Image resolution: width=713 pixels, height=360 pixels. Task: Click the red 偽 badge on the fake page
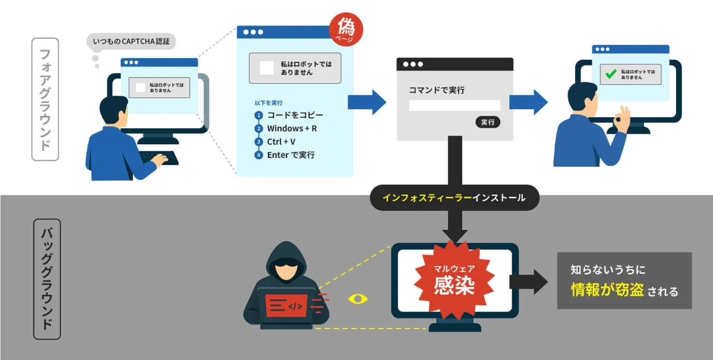pyautogui.click(x=346, y=29)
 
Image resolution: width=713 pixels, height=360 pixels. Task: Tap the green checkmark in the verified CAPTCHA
pyautogui.click(x=611, y=74)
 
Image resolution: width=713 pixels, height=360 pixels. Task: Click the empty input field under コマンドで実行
pyautogui.click(x=455, y=106)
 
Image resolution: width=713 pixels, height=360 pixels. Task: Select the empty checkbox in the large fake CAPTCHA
pyautogui.click(x=267, y=68)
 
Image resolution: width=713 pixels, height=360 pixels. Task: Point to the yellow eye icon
pyautogui.click(x=358, y=299)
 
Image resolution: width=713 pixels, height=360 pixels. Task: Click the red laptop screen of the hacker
pyautogui.click(x=286, y=305)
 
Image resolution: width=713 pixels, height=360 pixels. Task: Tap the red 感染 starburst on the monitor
pyautogui.click(x=454, y=280)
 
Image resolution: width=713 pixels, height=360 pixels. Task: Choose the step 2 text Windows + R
pyautogui.click(x=292, y=128)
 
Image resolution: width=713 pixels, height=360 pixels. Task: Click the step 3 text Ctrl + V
pyautogui.click(x=281, y=141)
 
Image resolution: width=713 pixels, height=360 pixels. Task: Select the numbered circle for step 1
pyautogui.click(x=258, y=115)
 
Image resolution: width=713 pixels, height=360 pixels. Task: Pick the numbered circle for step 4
pyautogui.click(x=258, y=155)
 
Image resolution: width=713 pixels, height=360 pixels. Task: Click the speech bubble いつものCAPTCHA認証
pyautogui.click(x=131, y=42)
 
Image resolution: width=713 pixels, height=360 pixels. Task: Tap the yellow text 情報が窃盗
pyautogui.click(x=607, y=290)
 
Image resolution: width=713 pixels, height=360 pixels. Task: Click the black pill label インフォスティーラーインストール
pyautogui.click(x=455, y=198)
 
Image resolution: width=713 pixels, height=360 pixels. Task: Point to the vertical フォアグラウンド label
pyautogui.click(x=45, y=99)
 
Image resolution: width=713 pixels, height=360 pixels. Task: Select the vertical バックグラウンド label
pyautogui.click(x=47, y=279)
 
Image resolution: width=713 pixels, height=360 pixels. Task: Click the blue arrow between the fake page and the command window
pyautogui.click(x=367, y=102)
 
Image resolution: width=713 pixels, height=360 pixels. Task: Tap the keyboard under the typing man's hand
pyautogui.click(x=159, y=158)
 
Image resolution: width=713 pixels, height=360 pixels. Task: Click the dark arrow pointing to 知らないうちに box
pyautogui.click(x=528, y=282)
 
